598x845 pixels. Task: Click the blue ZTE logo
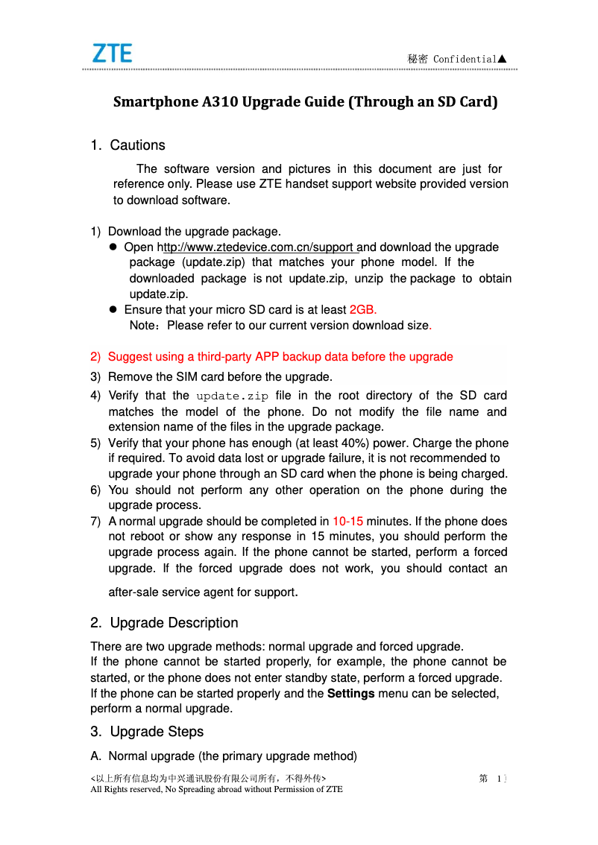coord(112,54)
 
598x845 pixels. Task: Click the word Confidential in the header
coord(464,59)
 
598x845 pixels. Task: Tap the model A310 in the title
coord(221,102)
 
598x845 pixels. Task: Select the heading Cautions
coord(137,145)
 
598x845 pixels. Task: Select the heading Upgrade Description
coord(174,623)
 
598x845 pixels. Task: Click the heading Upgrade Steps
coord(157,732)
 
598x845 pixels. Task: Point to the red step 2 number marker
coord(95,357)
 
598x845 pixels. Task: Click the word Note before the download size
coord(143,326)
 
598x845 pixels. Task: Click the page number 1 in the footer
coord(498,779)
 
